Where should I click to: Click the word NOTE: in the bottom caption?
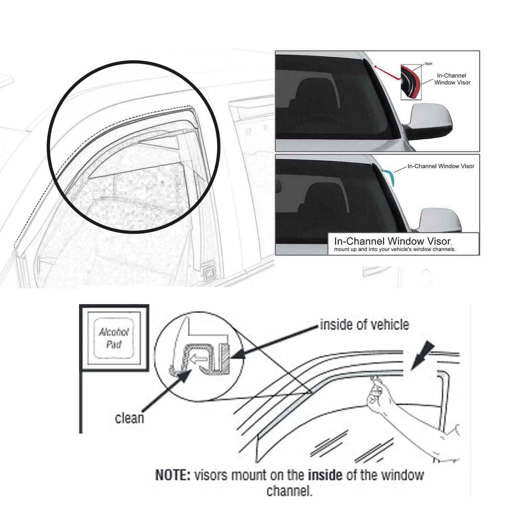(173, 475)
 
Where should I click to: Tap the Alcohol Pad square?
(114, 338)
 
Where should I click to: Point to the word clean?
(129, 418)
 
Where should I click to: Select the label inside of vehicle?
(364, 325)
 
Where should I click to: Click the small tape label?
(428, 63)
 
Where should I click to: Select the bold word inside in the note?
(325, 475)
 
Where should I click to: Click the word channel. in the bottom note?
(289, 491)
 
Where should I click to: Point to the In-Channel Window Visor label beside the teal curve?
(441, 166)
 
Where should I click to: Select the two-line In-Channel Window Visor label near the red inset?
(452, 79)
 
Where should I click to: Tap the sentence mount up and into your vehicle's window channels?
(395, 249)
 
